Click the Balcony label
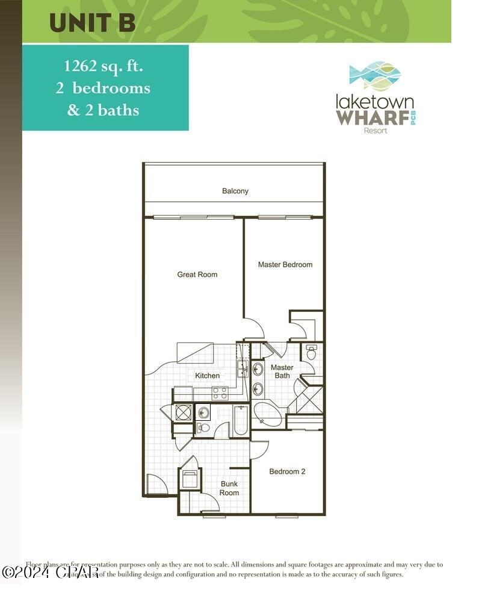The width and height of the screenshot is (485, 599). pyautogui.click(x=235, y=191)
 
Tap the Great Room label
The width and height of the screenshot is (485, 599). pyautogui.click(x=197, y=275)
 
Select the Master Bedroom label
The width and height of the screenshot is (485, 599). pyautogui.click(x=285, y=264)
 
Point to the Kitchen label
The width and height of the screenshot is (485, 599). pyautogui.click(x=207, y=376)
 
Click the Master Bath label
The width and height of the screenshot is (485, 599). pyautogui.click(x=282, y=371)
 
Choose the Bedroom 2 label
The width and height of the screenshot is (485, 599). pyautogui.click(x=287, y=471)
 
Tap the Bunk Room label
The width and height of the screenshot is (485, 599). pyautogui.click(x=229, y=488)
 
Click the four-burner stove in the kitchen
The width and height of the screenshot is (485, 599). pyautogui.click(x=220, y=393)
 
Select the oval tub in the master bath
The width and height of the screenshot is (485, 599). pyautogui.click(x=269, y=415)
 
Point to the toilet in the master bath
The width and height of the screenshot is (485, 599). pyautogui.click(x=311, y=352)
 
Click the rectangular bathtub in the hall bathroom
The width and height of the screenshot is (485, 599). pyautogui.click(x=240, y=420)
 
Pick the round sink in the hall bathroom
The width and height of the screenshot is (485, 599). pyautogui.click(x=203, y=412)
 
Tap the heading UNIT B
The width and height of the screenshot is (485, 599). pyautogui.click(x=92, y=22)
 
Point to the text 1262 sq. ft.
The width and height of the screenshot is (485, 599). pyautogui.click(x=105, y=65)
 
